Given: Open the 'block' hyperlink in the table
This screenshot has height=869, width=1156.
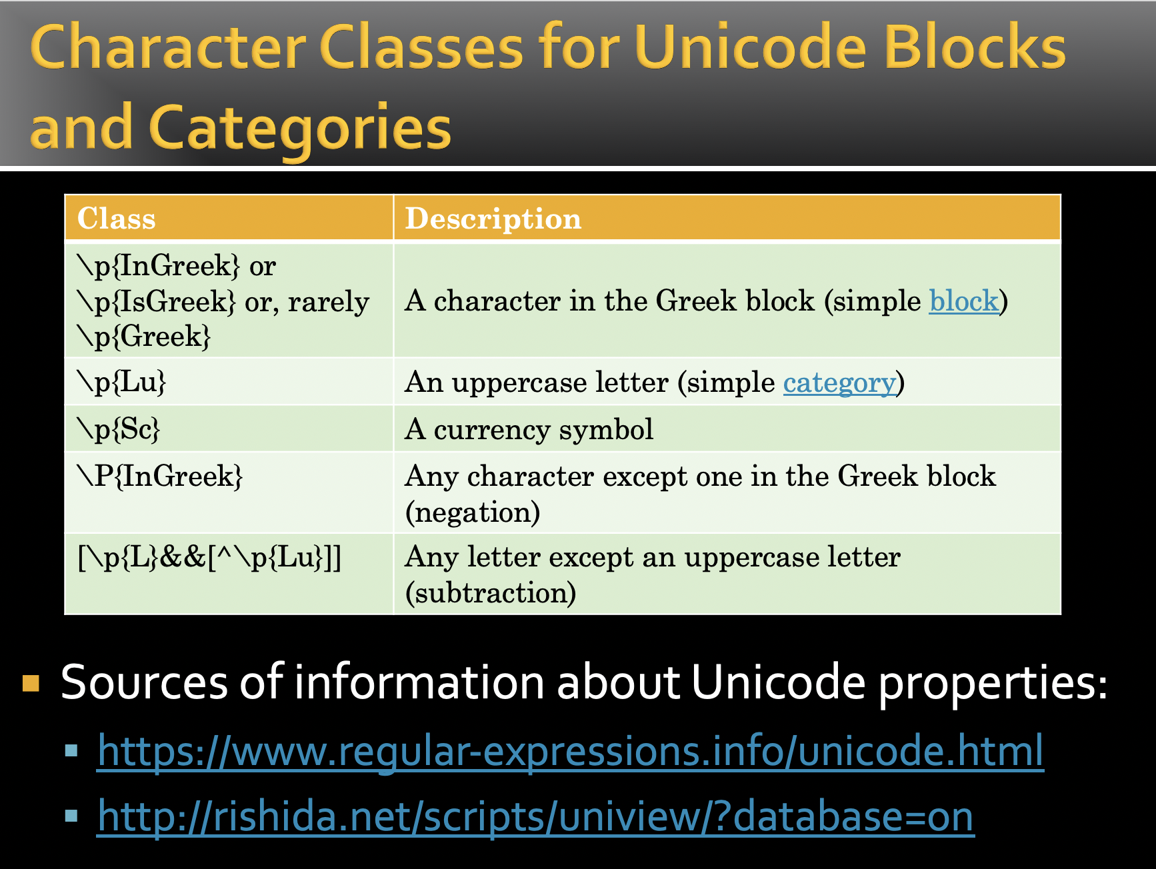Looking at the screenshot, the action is pyautogui.click(x=964, y=301).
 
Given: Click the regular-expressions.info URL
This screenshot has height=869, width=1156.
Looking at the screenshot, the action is pyautogui.click(x=571, y=751).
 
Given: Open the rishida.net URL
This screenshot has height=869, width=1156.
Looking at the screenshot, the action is pyautogui.click(x=535, y=816).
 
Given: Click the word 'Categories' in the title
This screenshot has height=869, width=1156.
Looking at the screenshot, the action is pyautogui.click(x=301, y=128).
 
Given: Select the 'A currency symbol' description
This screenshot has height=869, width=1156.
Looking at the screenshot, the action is pyautogui.click(x=529, y=430).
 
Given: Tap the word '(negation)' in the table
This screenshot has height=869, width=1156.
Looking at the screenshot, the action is pyautogui.click(x=473, y=512).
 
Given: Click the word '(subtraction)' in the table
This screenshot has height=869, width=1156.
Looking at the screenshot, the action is pyautogui.click(x=491, y=593).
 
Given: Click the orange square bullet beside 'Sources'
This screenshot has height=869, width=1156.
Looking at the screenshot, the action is pyautogui.click(x=31, y=684).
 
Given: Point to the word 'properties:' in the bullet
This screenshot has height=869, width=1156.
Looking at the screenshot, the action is pyautogui.click(x=993, y=683).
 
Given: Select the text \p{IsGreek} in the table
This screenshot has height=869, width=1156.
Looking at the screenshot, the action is pyautogui.click(x=157, y=301).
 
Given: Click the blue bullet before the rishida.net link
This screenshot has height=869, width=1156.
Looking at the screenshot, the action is pyautogui.click(x=72, y=816).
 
